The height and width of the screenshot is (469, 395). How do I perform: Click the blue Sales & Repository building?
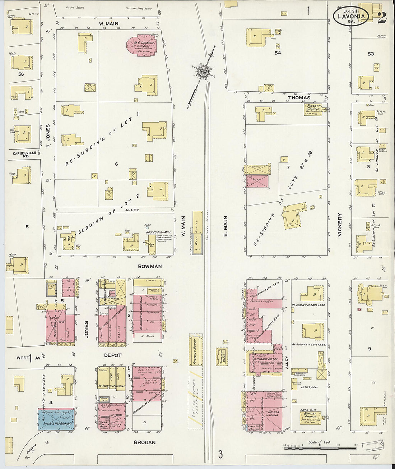tap(56, 419)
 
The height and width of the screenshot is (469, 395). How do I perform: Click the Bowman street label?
tap(150, 266)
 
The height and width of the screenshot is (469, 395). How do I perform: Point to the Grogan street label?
tap(145, 442)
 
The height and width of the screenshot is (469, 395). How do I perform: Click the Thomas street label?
tap(298, 98)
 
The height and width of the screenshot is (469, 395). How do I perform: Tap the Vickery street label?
tap(339, 225)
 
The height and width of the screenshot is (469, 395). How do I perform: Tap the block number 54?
tap(278, 53)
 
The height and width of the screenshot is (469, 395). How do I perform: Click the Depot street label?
tap(113, 355)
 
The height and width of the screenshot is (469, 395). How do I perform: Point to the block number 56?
tap(21, 74)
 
